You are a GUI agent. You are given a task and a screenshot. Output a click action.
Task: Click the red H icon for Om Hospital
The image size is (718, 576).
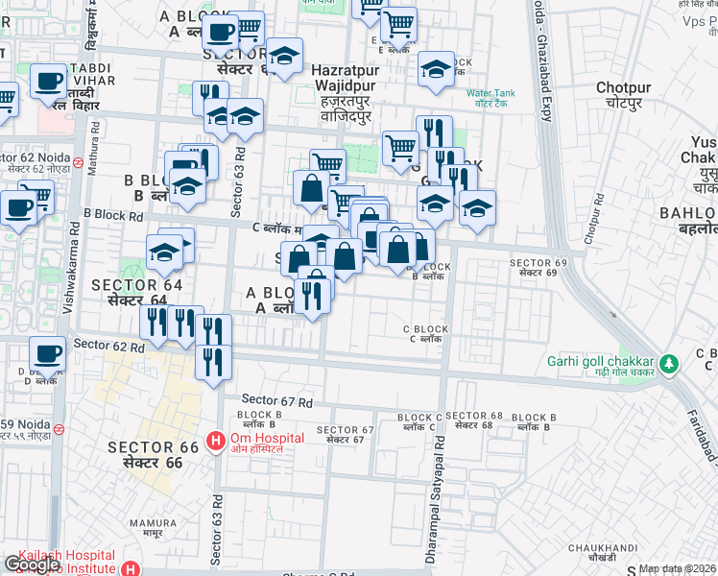[x=215, y=443]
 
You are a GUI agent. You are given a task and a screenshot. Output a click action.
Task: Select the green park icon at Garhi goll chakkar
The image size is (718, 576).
[x=671, y=365]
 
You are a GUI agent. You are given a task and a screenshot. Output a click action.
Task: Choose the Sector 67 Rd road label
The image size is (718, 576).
[x=277, y=399]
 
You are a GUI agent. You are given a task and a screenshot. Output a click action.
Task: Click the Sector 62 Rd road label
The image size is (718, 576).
[x=108, y=344]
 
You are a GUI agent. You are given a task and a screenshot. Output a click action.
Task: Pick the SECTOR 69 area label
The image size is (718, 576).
[x=533, y=268]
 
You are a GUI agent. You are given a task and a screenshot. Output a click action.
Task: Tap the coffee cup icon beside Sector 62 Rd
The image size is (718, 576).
[x=48, y=352]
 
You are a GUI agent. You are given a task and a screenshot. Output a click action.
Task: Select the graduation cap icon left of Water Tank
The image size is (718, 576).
[x=437, y=69]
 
